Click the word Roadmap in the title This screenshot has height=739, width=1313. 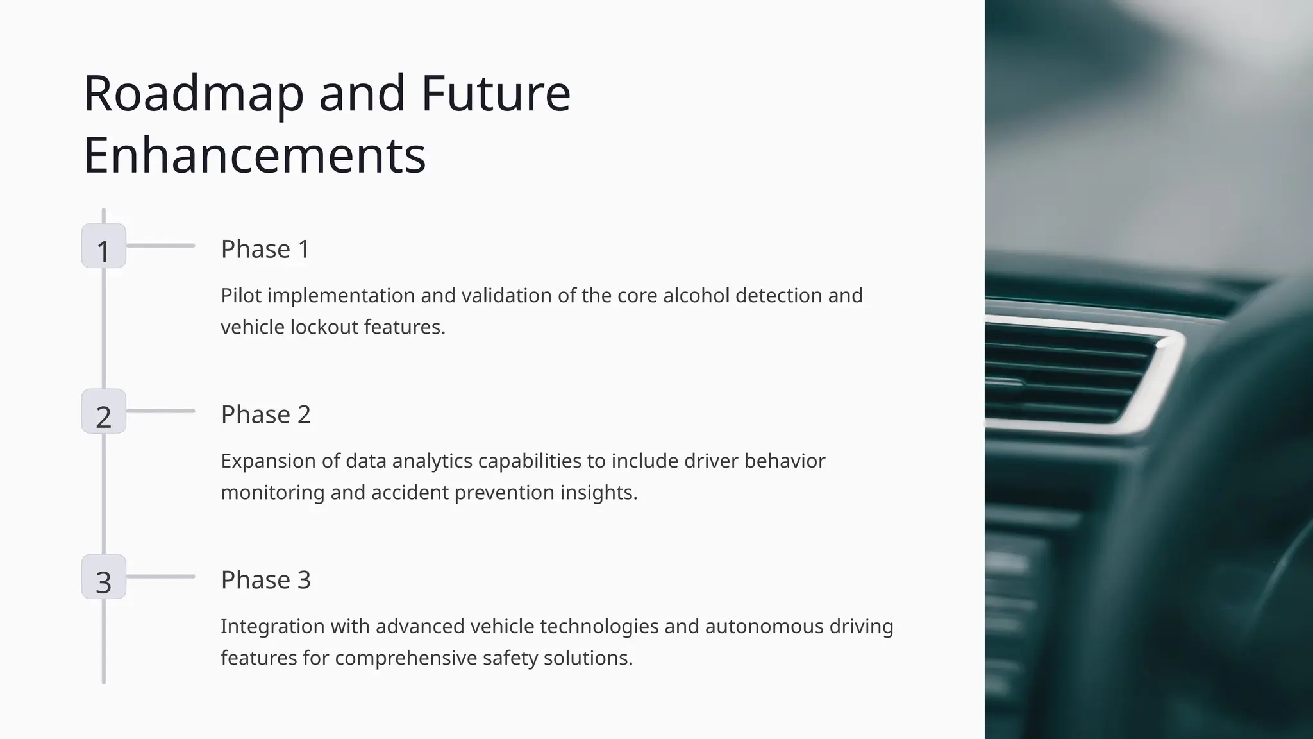193,94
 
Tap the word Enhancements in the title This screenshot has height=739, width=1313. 255,155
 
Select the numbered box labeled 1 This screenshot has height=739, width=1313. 104,246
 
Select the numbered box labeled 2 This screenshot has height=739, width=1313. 104,411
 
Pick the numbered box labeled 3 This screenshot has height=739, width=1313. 104,577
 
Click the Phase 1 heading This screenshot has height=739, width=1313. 265,249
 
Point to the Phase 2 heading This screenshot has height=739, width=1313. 265,414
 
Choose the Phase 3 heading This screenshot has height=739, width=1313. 265,580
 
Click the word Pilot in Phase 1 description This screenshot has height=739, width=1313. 241,295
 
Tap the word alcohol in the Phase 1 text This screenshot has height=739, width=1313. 696,295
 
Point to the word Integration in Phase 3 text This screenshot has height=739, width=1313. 272,626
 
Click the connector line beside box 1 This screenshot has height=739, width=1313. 160,246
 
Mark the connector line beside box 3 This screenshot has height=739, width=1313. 160,577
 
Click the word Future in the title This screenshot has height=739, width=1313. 495,94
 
